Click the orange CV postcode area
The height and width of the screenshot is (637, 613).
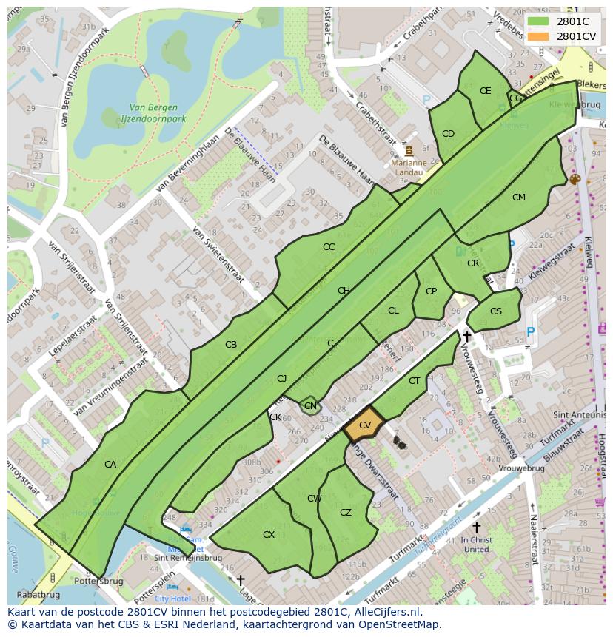point(364,425)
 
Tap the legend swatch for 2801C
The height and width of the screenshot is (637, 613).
point(539,21)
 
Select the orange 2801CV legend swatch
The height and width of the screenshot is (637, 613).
point(539,36)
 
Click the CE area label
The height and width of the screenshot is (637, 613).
point(485,91)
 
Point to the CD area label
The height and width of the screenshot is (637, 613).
point(448,134)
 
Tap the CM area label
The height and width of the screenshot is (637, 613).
point(518,198)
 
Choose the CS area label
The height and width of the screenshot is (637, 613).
point(495,311)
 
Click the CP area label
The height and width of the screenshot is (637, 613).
point(431,291)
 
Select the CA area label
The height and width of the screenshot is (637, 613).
point(110,465)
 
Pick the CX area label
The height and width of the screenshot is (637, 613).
point(269,534)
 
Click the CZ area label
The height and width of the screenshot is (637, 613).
point(346,513)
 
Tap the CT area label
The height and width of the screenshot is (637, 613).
point(414,381)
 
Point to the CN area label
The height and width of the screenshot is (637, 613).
point(310,405)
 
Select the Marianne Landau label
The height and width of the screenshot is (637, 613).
point(408,167)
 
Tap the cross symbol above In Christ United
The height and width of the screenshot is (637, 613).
point(476,527)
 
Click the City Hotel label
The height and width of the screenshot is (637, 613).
point(172,599)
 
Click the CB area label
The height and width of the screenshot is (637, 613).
point(231,345)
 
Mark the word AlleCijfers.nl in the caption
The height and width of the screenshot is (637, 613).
point(386,613)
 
